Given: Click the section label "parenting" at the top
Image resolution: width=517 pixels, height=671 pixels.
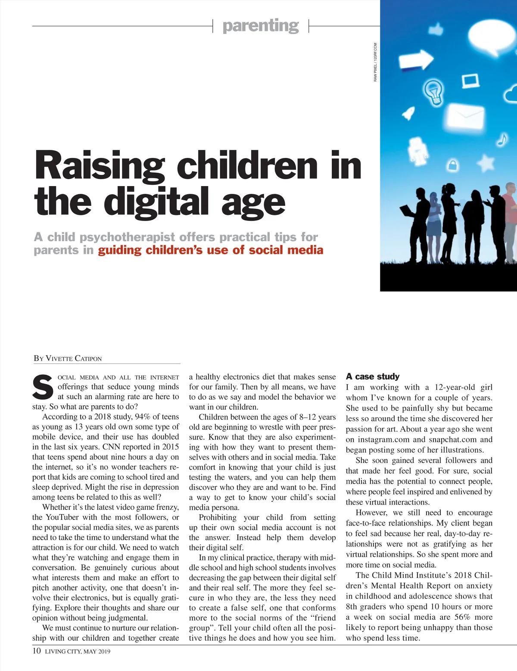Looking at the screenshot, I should tap(261, 26).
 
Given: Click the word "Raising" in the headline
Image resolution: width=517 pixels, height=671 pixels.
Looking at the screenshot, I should tap(100, 166).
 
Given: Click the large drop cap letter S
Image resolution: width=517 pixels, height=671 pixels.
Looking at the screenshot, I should tap(43, 387).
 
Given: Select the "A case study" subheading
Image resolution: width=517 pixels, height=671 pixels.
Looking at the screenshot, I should tap(373, 376).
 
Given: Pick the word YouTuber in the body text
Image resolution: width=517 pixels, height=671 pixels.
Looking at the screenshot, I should tap(62, 517).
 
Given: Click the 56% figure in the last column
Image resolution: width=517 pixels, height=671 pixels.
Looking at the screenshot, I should tap(462, 617).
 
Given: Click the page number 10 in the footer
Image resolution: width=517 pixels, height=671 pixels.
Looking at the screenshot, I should tap(37, 650).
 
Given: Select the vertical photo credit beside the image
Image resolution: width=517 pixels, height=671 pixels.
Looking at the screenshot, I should tap(375, 62).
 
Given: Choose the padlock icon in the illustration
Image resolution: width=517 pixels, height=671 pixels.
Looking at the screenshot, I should tap(453, 164).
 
